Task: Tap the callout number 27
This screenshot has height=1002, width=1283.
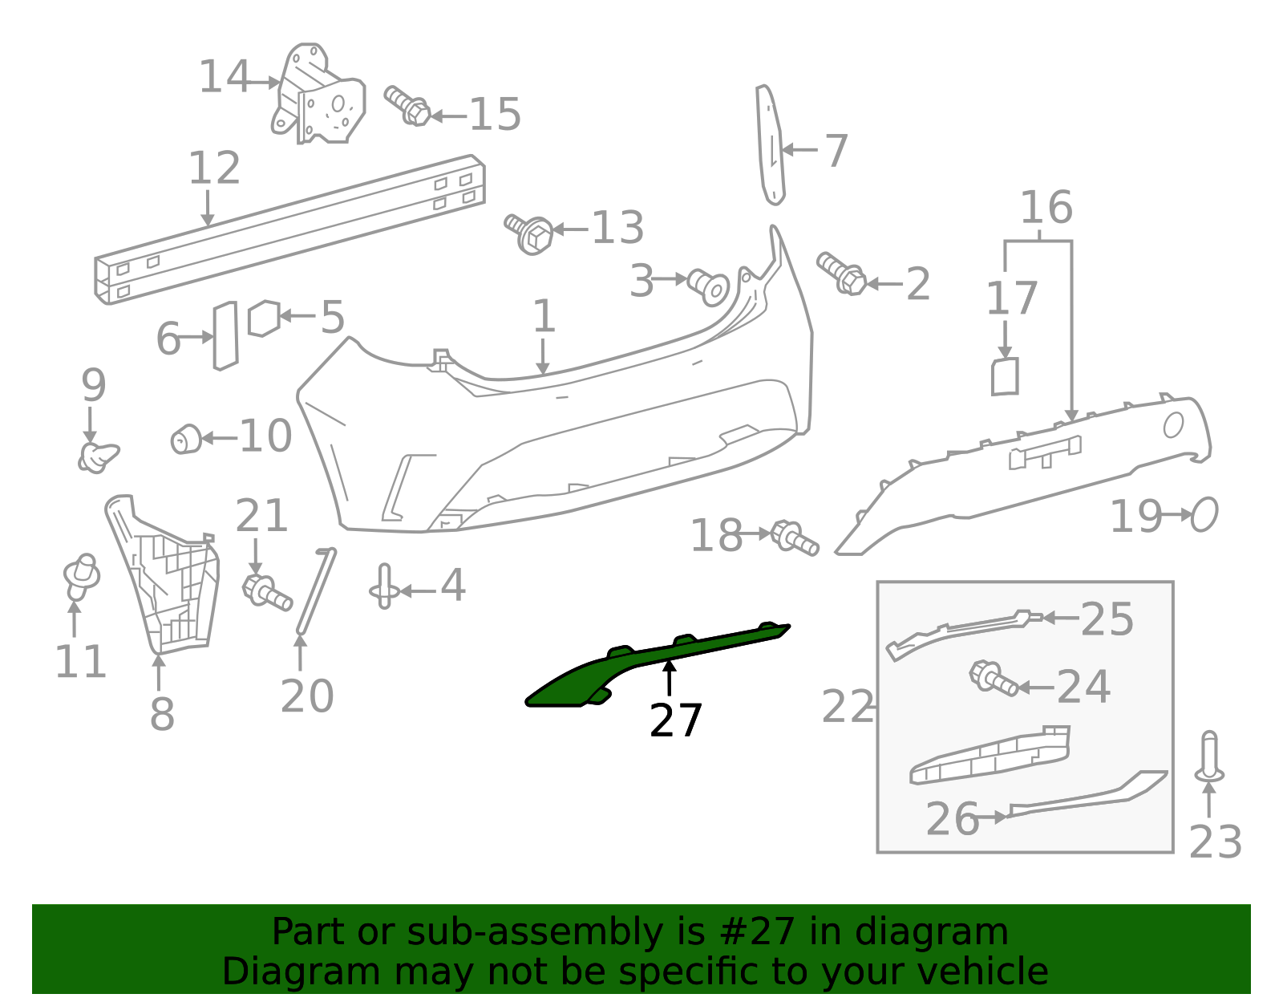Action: [675, 720]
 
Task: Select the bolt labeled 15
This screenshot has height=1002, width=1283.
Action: [407, 106]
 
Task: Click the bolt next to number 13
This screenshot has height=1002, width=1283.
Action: [529, 233]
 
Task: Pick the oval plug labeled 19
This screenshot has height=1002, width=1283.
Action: [1204, 514]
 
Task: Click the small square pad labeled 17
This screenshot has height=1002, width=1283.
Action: [1004, 376]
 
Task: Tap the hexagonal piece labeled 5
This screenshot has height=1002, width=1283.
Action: [263, 318]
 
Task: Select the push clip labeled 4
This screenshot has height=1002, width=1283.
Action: [384, 586]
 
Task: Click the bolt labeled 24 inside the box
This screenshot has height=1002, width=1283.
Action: [994, 679]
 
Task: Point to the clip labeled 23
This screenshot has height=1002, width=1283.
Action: [1209, 757]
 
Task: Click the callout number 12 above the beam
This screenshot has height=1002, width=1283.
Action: [214, 168]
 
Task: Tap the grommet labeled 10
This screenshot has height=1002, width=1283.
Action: [186, 440]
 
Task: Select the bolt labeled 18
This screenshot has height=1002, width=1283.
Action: [795, 538]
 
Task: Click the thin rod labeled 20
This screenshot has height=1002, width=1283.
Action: [317, 591]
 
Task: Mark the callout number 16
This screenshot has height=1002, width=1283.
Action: [1046, 208]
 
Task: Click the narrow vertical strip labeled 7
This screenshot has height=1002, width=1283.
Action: [770, 144]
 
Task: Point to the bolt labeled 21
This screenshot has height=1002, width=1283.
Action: [267, 592]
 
